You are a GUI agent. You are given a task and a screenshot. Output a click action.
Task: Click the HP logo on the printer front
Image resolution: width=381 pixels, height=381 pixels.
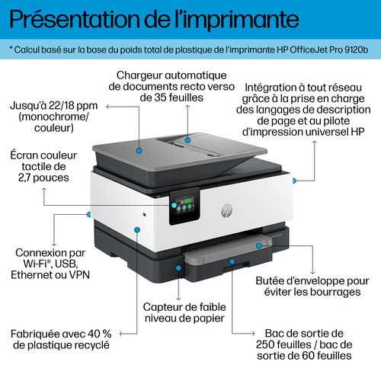(226, 210)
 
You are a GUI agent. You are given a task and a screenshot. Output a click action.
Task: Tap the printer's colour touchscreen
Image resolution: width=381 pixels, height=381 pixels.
(184, 207)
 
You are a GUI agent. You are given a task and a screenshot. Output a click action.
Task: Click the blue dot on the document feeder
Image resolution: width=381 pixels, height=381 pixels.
(187, 140)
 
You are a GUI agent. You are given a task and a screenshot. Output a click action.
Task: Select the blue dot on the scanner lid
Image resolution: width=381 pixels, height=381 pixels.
(139, 151)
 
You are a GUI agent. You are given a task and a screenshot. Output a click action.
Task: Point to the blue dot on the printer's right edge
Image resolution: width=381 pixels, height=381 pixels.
(294, 181)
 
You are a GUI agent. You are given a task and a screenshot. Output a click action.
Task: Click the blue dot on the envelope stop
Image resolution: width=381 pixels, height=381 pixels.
(258, 245)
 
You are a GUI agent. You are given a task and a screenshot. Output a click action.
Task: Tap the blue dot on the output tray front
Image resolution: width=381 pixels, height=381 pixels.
(232, 261)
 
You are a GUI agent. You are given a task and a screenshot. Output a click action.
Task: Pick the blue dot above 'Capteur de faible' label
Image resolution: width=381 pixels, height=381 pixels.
(178, 267)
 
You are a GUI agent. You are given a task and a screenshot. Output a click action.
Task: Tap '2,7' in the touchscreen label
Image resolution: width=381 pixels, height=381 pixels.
(24, 178)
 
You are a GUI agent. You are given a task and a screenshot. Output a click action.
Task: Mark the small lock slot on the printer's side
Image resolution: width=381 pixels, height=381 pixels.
(144, 215)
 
